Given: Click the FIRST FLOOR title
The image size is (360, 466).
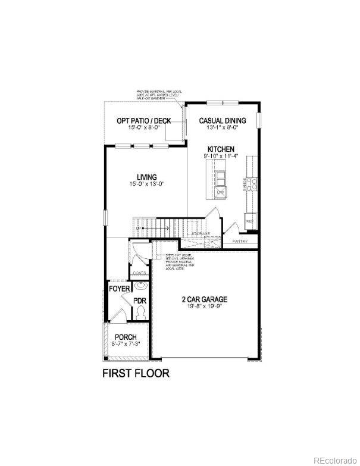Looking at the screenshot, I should pos(136,374).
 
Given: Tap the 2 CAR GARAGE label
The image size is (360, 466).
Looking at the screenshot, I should pos(205,300).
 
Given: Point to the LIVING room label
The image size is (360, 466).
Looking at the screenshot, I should pos(146,177).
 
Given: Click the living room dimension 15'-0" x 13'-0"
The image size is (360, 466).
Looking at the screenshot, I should pos(146,184).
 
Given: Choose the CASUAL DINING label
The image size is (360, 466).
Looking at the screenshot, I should pos(223,120).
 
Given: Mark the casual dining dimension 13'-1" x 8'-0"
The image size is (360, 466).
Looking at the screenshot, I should pos(223,127).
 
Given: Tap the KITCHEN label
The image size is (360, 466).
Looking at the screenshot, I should pos(221,149).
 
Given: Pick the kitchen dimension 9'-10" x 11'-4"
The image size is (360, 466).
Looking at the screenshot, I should pos(221,156).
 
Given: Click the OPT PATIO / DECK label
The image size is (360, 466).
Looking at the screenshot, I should pos(143,121).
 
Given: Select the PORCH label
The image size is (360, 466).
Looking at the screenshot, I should pos(126,337).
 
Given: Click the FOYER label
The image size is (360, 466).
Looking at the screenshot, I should pos(119,289).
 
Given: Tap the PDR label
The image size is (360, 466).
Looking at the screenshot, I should pos(140,301).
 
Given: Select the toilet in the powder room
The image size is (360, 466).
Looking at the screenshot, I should pos(140,311).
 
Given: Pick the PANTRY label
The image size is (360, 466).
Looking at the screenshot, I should pos(240,242).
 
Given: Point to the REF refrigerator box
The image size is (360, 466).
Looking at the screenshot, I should pos(251,219).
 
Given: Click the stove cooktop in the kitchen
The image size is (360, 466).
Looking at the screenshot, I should pos(252,184).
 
